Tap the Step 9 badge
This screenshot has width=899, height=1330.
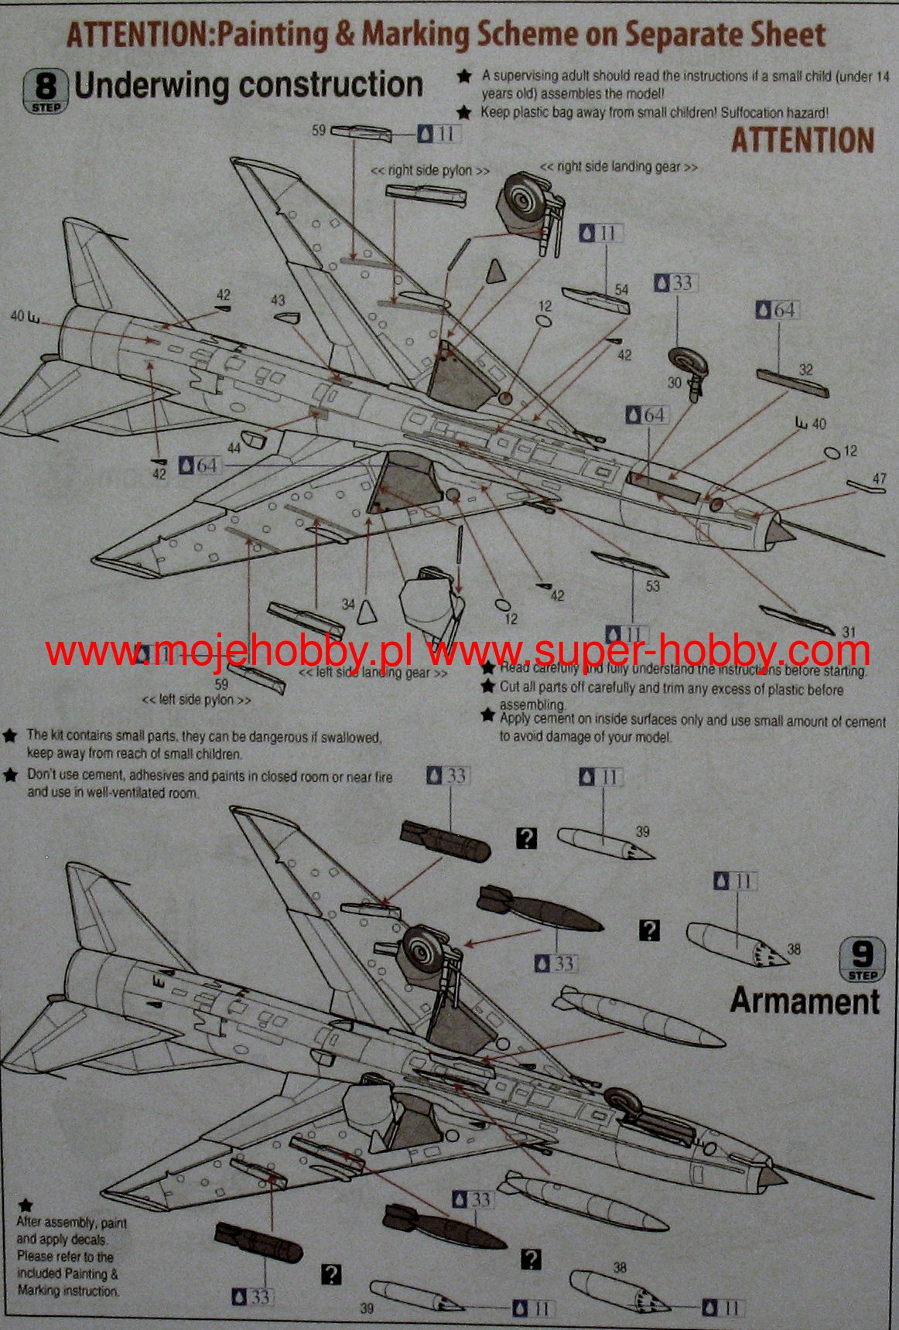click(x=861, y=960)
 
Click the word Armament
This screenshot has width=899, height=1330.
click(x=805, y=1001)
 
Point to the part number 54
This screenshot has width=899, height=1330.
click(x=621, y=289)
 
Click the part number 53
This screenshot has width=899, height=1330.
click(x=652, y=585)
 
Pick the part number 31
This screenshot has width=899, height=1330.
click(x=849, y=632)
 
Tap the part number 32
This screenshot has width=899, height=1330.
click(x=805, y=369)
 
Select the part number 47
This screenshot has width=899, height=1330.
click(x=879, y=479)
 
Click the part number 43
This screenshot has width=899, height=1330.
click(x=277, y=300)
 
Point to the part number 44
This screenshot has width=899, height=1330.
click(x=234, y=448)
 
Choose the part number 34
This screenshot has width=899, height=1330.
click(x=348, y=604)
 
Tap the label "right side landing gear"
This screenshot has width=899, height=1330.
click(x=618, y=166)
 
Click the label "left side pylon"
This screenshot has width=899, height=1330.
click(x=197, y=699)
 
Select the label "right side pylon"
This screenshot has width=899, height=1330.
click(x=429, y=170)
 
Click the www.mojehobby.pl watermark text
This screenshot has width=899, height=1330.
click(x=228, y=652)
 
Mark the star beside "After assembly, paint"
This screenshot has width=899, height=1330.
click(x=26, y=1205)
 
